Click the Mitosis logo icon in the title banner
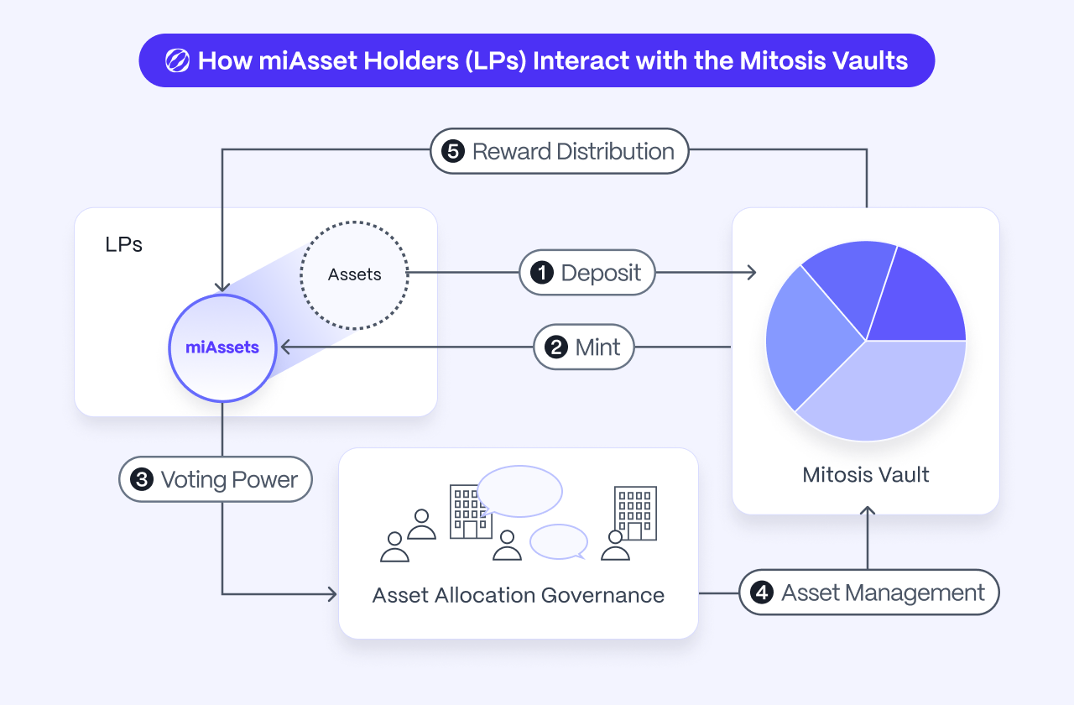(x=177, y=60)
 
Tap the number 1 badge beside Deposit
(x=542, y=273)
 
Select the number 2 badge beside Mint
(x=556, y=347)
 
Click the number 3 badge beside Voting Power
(x=141, y=480)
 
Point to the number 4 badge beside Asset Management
(x=762, y=593)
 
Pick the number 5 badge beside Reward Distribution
(x=452, y=152)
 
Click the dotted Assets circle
(x=354, y=274)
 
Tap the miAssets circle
(x=222, y=347)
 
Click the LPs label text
(x=123, y=245)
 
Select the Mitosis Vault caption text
(x=866, y=475)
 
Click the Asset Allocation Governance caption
(x=519, y=596)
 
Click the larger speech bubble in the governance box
(x=519, y=490)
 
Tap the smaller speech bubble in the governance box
(x=559, y=541)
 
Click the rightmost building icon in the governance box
(x=635, y=513)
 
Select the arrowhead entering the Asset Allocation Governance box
(x=331, y=594)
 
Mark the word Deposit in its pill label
(x=601, y=273)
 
